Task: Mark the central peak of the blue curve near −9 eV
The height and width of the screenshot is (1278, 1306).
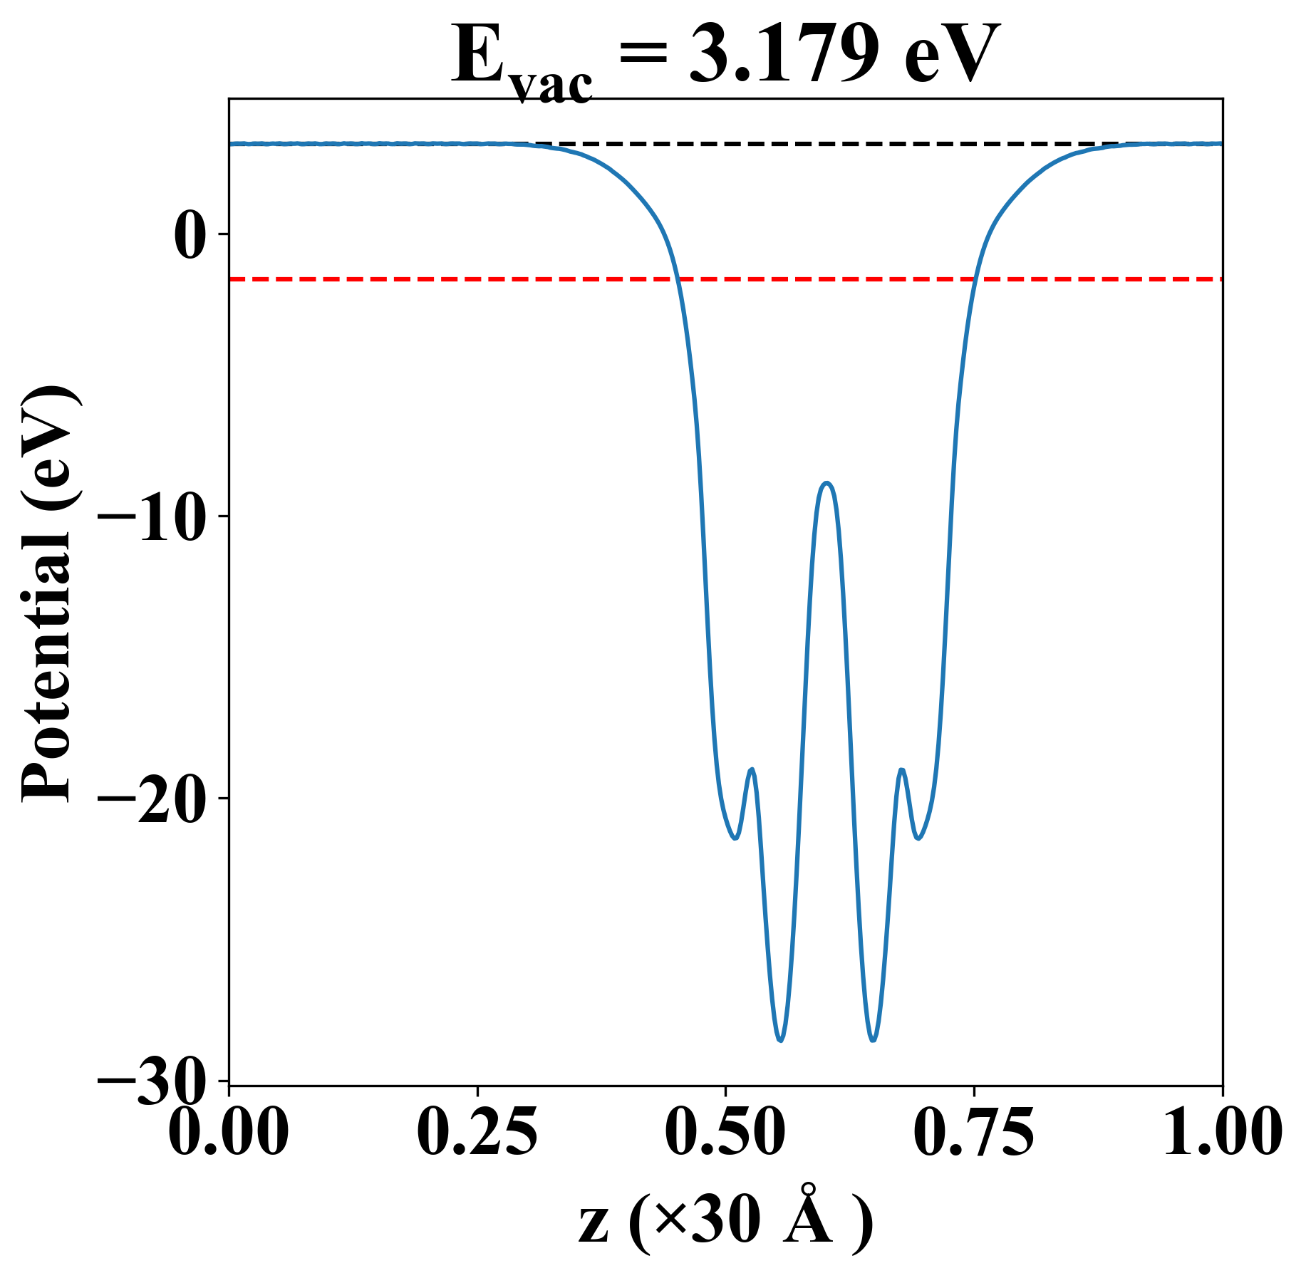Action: [x=826, y=483]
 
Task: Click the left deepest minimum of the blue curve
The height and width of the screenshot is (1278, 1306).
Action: [x=781, y=1040]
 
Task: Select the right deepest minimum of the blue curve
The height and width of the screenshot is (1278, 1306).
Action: [x=873, y=1040]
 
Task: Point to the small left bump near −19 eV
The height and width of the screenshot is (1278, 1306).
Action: [x=752, y=769]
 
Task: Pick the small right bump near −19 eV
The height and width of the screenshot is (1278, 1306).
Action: [x=902, y=769]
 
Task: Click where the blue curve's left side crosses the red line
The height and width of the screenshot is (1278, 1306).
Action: [x=679, y=279]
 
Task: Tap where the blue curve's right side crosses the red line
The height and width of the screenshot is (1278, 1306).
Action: [x=974, y=279]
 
